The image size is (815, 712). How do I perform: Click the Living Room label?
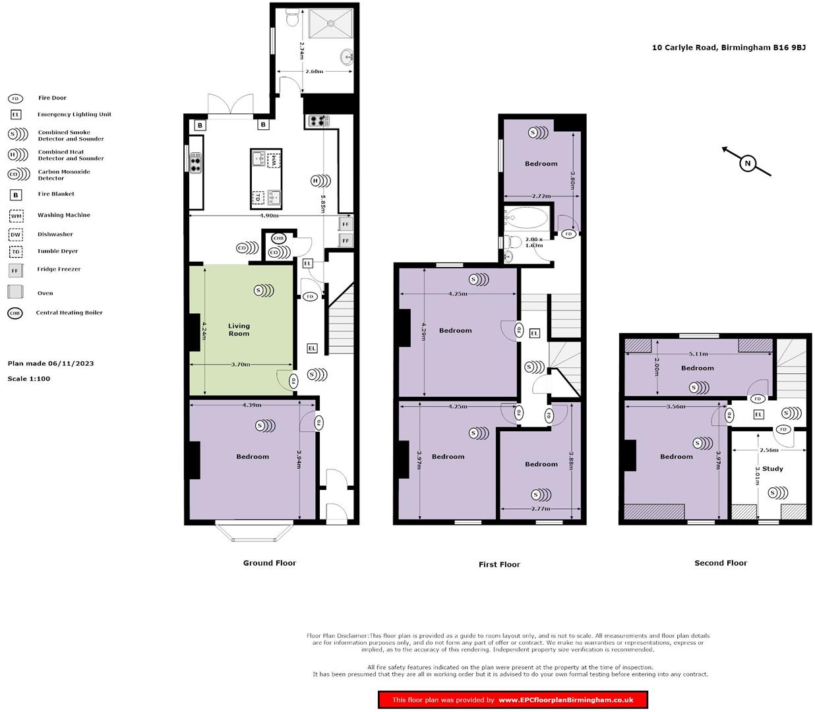239,330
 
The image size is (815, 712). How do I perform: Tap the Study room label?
772,469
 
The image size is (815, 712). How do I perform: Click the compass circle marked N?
747,163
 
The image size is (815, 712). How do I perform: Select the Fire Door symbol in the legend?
15,98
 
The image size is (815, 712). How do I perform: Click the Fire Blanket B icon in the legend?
16,194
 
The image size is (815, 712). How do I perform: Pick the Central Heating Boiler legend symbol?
15,313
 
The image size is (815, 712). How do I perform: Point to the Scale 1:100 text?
29,379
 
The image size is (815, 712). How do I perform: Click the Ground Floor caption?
269,563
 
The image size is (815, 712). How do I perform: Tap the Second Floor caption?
720,563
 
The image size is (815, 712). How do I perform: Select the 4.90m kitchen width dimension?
268,216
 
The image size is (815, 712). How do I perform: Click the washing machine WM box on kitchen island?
274,159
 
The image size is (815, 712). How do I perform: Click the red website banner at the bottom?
512,700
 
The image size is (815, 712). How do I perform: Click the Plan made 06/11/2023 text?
51,364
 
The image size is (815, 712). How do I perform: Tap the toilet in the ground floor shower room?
291,19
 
